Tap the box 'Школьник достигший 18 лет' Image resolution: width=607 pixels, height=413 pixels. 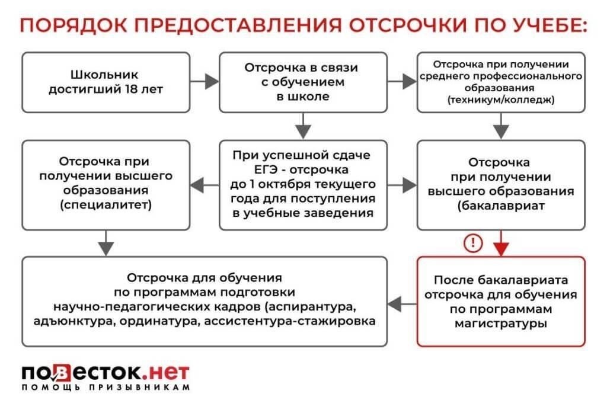[x=106, y=82]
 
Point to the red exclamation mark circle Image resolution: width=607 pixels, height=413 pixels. [x=474, y=243]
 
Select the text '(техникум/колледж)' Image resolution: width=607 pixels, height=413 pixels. [x=501, y=100]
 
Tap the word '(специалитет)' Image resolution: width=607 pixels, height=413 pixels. [x=106, y=206]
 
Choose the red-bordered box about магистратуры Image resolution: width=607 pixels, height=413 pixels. [x=501, y=301]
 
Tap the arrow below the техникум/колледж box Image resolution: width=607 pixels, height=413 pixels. [x=501, y=126]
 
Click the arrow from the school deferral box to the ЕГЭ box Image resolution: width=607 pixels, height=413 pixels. [x=303, y=126]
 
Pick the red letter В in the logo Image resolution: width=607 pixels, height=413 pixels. [x=63, y=373]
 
